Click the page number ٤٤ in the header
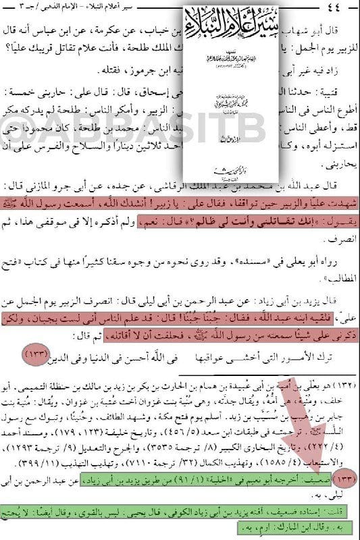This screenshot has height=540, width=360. [340, 8]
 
